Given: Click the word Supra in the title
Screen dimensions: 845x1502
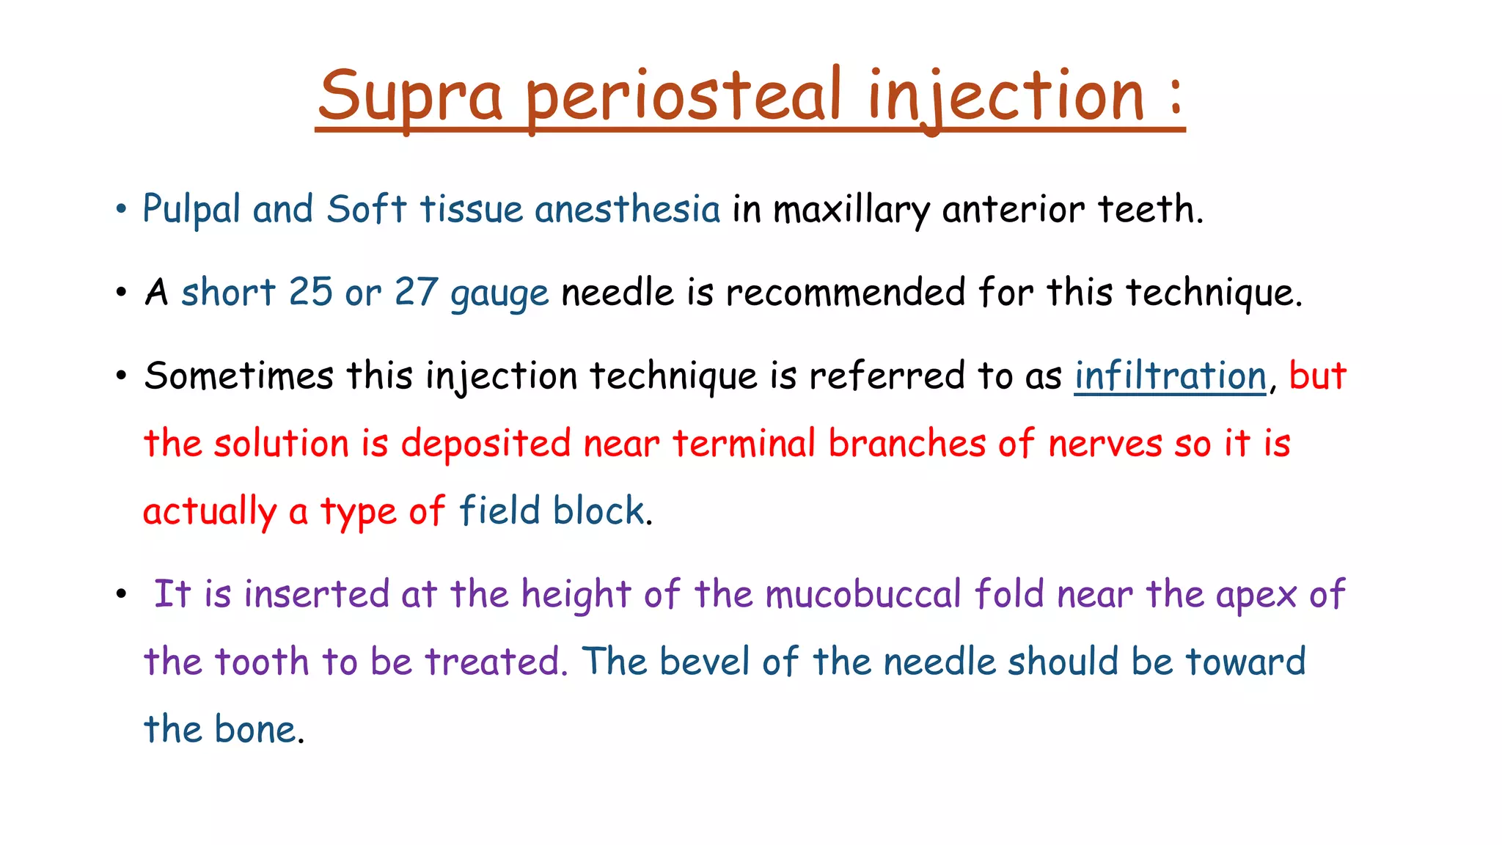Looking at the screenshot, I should point(410,96).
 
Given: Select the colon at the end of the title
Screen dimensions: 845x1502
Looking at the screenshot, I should point(1176,96).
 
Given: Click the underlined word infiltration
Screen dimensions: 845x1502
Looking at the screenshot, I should point(1171,376).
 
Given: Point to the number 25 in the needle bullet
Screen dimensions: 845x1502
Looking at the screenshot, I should point(310,292).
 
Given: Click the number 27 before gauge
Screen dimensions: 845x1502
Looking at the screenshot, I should point(416,292).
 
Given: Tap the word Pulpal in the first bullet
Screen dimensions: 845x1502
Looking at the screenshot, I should point(191,209).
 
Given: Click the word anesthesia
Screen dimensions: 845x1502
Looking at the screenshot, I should point(628,209).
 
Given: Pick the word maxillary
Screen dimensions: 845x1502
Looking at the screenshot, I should point(851,211).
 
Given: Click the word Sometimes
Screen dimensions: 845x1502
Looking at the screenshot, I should point(239,376).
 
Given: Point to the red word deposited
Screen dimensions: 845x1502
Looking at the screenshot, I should point(486,444).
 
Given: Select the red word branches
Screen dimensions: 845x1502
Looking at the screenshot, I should point(906,443).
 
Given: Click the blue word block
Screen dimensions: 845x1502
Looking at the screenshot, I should point(598,511).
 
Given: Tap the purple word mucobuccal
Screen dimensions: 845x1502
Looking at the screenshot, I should point(862,593).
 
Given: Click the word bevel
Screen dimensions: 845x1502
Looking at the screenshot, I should point(704,661).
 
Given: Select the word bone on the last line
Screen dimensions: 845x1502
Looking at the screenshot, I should point(256,729).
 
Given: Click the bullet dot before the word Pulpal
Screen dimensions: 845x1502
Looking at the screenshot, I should point(122,210).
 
